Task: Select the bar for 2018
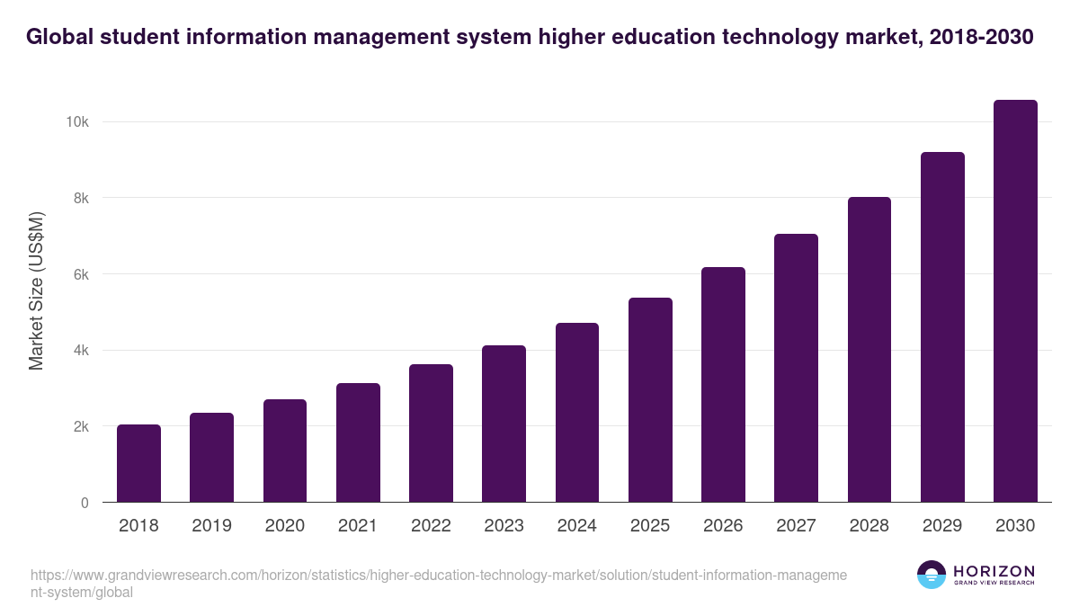(x=138, y=463)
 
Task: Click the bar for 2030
(x=1015, y=301)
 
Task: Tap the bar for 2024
(x=577, y=413)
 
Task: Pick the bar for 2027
(x=796, y=368)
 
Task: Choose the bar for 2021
(x=358, y=442)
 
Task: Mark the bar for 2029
(x=942, y=327)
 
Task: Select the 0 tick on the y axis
(x=85, y=503)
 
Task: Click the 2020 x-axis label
(x=284, y=526)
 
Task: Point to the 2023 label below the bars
(x=504, y=526)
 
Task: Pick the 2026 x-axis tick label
(x=723, y=526)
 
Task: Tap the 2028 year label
(x=869, y=526)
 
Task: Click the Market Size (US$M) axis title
(x=36, y=291)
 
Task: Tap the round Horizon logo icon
(x=932, y=575)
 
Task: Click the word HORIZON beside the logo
(x=994, y=571)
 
